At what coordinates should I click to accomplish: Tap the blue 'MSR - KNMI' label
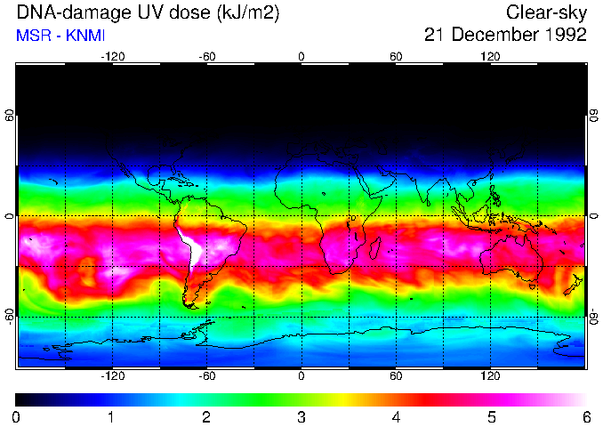pos(58,36)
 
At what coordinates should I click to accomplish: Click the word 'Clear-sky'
pos(546,12)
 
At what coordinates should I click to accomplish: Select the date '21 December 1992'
pos(505,35)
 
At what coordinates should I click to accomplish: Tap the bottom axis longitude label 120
pos(491,375)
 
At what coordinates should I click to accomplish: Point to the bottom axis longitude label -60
pos(206,375)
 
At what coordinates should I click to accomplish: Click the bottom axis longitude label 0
pos(301,375)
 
